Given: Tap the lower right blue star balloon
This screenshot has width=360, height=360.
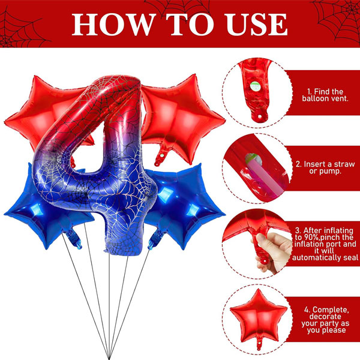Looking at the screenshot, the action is (x=184, y=206).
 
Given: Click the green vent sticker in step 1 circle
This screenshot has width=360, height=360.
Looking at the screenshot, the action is (x=255, y=86).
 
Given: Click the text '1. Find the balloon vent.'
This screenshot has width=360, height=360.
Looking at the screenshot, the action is (x=325, y=95).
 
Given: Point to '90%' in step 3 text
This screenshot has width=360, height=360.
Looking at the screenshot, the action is (x=310, y=237).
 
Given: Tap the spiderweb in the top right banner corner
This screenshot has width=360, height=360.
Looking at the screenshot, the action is (x=338, y=20).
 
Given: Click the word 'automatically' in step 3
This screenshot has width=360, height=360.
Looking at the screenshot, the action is (x=316, y=258).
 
